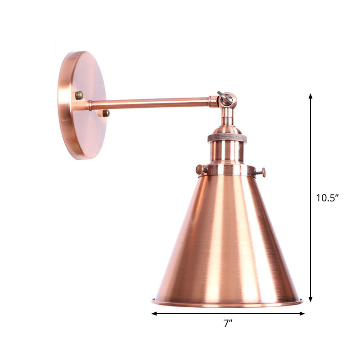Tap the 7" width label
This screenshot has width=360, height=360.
(x=228, y=322)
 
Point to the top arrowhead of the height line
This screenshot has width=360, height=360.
(x=310, y=96)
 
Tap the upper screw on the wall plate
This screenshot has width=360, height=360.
(x=79, y=95)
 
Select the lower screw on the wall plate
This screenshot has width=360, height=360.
(x=106, y=113)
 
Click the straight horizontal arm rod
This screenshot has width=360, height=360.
(x=148, y=103)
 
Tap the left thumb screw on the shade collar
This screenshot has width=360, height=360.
(x=199, y=169)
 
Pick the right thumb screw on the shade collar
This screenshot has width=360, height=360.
(x=262, y=172)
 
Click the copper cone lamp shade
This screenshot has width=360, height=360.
(x=227, y=238)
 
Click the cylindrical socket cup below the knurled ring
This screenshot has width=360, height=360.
(x=227, y=152)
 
